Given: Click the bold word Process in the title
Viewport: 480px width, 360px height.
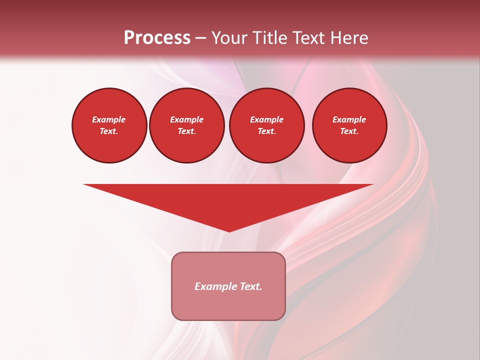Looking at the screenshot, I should click(157, 38).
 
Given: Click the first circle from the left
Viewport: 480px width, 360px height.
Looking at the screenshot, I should click(109, 125).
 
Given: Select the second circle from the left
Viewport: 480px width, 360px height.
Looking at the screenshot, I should click(186, 125).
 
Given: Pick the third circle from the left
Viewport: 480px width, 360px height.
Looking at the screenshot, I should click(266, 125).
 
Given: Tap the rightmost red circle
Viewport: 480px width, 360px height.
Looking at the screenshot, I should click(349, 125).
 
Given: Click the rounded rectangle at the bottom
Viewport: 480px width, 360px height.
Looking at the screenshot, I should click(228, 286).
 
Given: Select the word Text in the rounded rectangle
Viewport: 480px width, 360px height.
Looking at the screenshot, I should click(251, 286).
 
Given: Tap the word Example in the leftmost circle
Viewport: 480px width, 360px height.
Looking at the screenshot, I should click(109, 119).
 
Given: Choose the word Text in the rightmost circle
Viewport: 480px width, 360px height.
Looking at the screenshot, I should click(348, 131).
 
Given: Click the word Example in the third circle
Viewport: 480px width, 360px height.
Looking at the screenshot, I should click(266, 119).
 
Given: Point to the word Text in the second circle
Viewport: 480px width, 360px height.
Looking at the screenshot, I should click(186, 131).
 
